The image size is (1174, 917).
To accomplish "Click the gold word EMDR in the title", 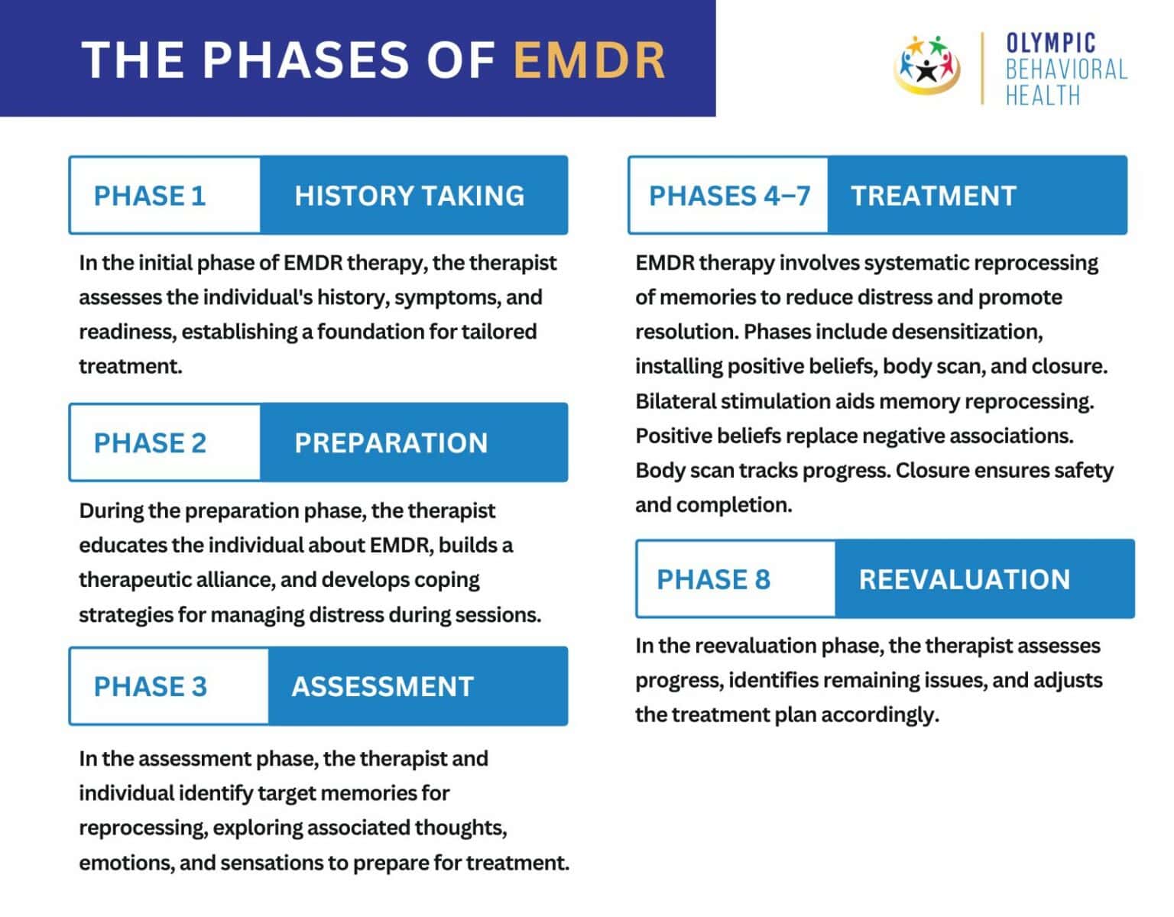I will pos(589,60).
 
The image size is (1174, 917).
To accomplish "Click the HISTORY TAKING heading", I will pos(410,196).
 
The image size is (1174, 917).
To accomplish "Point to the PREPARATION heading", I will pos(391,442).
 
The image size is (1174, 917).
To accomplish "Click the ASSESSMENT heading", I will pos(383,686).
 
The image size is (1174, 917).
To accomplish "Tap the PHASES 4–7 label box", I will pos(728,196).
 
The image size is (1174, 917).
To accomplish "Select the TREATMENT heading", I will pos(933,196).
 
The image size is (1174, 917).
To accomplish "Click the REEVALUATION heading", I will pos(965,579).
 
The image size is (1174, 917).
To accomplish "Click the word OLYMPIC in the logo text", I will pos(1051,43).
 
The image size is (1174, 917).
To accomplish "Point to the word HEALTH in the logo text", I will pos(1043,96).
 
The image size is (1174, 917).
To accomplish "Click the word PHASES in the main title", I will pos(306,60).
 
